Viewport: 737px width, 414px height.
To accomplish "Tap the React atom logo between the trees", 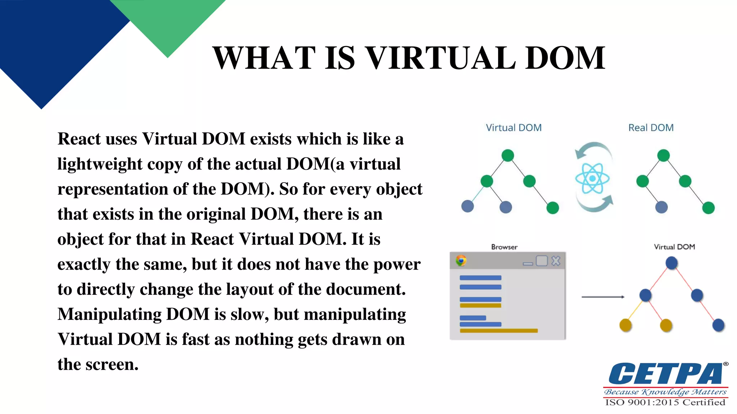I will tap(592, 178).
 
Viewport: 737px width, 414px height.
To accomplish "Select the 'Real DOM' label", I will tap(651, 128).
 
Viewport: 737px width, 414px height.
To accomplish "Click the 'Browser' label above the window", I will tap(504, 247).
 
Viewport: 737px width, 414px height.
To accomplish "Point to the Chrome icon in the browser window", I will tap(461, 260).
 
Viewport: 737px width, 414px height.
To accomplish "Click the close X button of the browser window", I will tap(556, 261).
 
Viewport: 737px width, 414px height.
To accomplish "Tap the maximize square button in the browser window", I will tap(542, 261).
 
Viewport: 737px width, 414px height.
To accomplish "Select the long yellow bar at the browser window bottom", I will tap(499, 331).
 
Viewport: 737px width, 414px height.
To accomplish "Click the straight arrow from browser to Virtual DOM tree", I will tap(603, 297).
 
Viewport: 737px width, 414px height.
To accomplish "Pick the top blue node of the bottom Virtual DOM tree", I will tap(672, 263).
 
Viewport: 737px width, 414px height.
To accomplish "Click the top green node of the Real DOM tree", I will tap(663, 156).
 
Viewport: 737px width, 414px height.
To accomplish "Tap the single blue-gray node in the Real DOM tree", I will tap(661, 207).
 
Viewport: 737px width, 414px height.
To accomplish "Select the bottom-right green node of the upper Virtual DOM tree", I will tap(552, 208).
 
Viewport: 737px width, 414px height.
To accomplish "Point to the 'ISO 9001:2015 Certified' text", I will tap(665, 402).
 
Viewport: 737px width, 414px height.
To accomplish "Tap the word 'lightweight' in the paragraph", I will tap(100, 164).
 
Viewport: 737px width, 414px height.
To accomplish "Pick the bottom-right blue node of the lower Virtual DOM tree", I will tap(718, 325).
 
